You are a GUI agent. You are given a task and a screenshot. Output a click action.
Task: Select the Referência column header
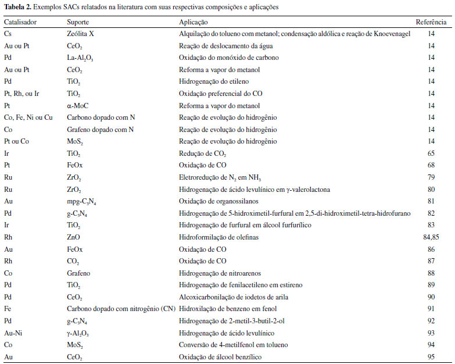click(431, 22)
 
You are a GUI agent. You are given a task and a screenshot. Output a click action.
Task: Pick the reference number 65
click(431, 153)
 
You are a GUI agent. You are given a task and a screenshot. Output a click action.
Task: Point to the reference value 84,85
click(431, 237)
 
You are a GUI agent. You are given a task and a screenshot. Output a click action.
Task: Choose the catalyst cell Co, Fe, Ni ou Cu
click(28, 117)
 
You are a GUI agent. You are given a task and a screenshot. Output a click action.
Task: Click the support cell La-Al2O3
click(81, 58)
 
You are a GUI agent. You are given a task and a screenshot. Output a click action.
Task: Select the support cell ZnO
click(73, 237)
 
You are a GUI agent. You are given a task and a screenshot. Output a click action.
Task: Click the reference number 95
click(431, 356)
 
